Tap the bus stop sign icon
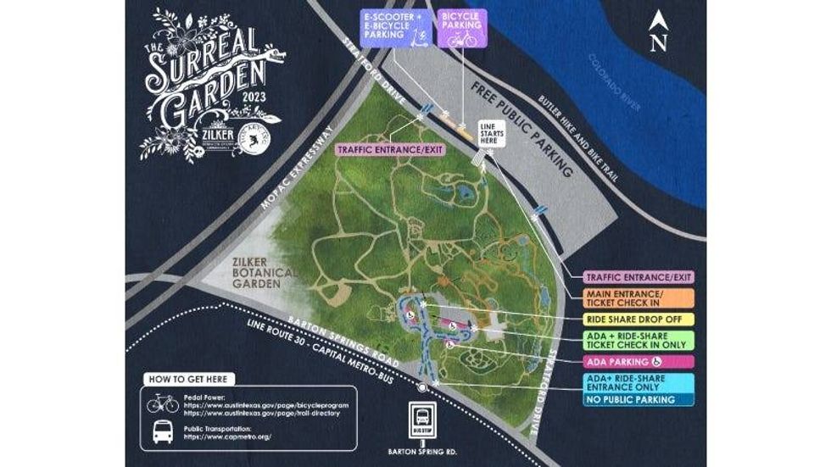pyautogui.click(x=421, y=419)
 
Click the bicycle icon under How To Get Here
pyautogui.click(x=162, y=404)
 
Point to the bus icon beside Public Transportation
pyautogui.click(x=162, y=434)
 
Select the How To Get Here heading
pyautogui.click(x=187, y=379)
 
